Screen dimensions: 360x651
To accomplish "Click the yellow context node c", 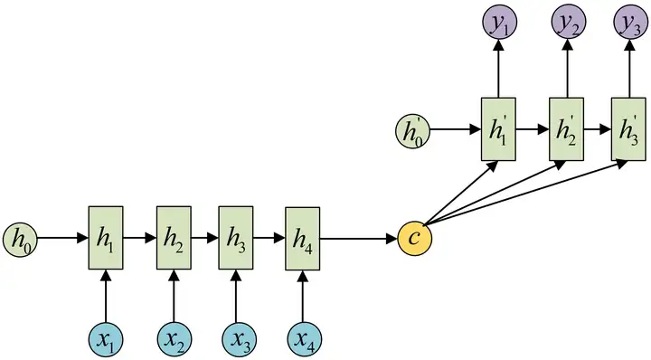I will click(x=415, y=239).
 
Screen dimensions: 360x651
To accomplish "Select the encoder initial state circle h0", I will click(x=20, y=239).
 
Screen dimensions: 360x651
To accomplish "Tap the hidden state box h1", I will click(x=105, y=238).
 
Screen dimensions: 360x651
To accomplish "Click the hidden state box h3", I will click(x=236, y=238).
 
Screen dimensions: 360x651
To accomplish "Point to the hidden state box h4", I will click(x=303, y=238).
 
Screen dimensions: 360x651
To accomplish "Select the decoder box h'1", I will click(x=496, y=128).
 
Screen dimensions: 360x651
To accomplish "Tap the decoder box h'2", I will click(x=566, y=128).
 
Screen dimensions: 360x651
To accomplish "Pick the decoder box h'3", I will click(x=628, y=128).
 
